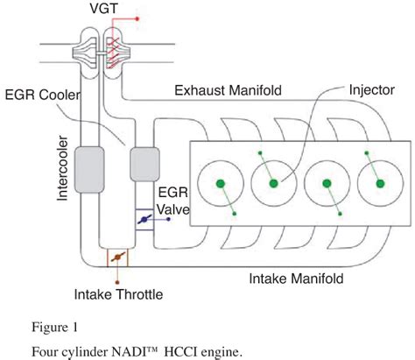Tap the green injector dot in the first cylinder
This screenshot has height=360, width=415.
tap(219, 184)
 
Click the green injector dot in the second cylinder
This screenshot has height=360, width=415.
tap(273, 183)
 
